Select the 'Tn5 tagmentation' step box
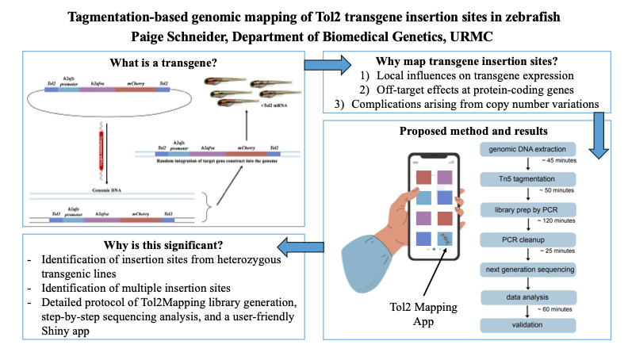tap(526, 180)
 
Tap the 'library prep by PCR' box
tap(526, 210)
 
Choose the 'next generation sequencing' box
tap(526, 270)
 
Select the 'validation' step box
tap(526, 325)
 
